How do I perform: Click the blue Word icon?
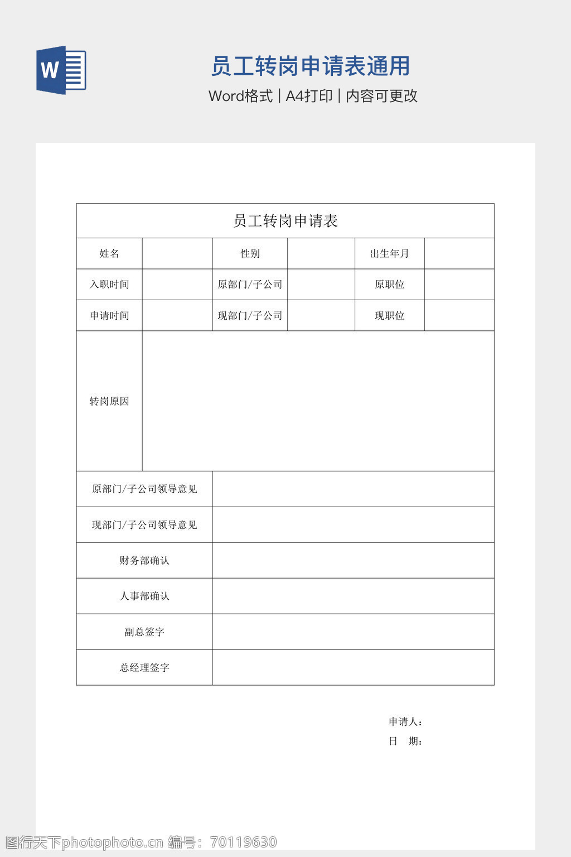click(61, 70)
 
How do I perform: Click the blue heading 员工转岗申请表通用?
click(311, 66)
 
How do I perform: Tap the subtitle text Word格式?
click(240, 96)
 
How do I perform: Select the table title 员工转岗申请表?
click(285, 221)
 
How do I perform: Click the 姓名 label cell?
click(109, 253)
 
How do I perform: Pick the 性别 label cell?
click(250, 253)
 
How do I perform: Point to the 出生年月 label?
click(389, 253)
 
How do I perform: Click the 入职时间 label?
click(109, 285)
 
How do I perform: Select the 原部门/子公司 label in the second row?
click(250, 285)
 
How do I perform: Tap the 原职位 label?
click(389, 285)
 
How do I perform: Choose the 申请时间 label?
click(109, 316)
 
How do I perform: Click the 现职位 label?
click(389, 316)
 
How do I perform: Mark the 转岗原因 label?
click(109, 401)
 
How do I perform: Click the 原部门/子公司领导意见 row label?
click(144, 489)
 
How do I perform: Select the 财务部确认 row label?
click(144, 560)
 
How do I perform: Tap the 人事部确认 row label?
click(144, 596)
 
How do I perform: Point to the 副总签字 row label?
click(144, 632)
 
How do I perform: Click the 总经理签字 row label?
click(144, 667)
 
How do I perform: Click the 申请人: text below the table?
click(405, 722)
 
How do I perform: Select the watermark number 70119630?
click(244, 842)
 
